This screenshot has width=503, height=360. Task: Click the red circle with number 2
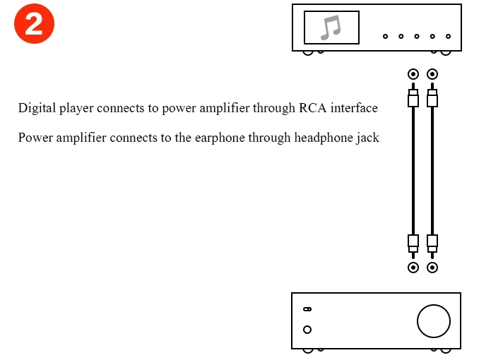click(x=35, y=23)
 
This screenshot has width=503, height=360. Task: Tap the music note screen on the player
click(x=331, y=28)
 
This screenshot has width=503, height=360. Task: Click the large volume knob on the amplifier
click(x=434, y=321)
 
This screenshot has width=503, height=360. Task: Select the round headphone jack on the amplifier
click(x=307, y=330)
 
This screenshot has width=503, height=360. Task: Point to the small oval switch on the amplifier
click(x=307, y=309)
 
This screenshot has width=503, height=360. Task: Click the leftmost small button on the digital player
click(x=385, y=36)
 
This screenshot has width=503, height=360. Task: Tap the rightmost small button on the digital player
click(x=448, y=36)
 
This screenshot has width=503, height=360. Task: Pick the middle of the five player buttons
click(x=417, y=36)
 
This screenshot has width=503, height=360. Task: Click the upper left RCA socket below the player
click(x=413, y=74)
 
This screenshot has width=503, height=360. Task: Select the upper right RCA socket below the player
click(x=432, y=74)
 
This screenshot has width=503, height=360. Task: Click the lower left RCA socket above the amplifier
click(x=413, y=268)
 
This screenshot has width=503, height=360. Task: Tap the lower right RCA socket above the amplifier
click(x=432, y=268)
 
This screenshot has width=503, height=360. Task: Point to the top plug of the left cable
click(x=413, y=95)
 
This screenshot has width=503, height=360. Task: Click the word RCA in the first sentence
click(x=312, y=108)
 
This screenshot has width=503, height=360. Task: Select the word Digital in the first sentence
click(x=37, y=108)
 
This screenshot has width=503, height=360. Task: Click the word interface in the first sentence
click(x=354, y=108)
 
